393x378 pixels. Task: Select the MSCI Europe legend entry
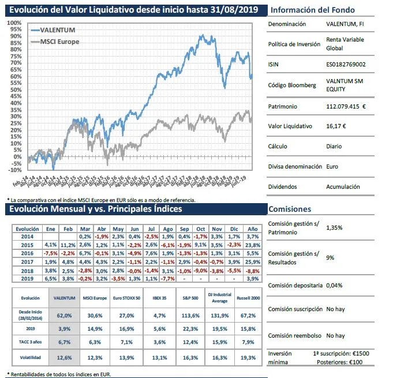pyautogui.click(x=60, y=42)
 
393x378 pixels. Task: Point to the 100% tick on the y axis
pyautogui.click(x=14, y=23)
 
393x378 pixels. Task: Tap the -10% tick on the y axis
pyautogui.click(x=14, y=170)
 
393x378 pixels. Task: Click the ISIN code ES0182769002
pyautogui.click(x=345, y=65)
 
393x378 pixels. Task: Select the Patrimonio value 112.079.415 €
pyautogui.click(x=346, y=106)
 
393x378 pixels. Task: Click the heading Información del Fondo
pyautogui.click(x=313, y=10)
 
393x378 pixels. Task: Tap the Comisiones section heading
pyautogui.click(x=291, y=209)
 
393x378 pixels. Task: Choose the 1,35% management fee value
pyautogui.click(x=334, y=228)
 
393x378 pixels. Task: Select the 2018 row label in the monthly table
pyautogui.click(x=26, y=270)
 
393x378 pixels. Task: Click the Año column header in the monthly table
pyautogui.click(x=252, y=229)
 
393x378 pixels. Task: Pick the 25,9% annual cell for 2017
pyautogui.click(x=252, y=262)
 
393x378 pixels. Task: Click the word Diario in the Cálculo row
pyautogui.click(x=335, y=146)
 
